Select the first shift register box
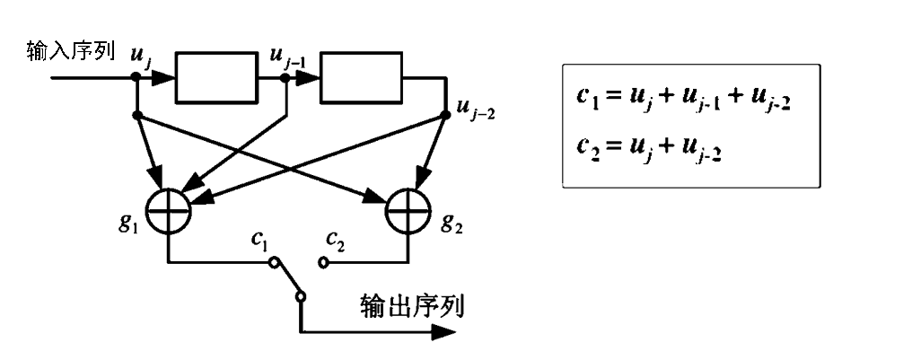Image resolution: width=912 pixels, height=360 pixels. [215, 78]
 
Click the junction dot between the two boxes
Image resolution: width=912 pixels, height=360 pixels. [285, 78]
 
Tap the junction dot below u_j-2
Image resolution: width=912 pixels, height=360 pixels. [446, 115]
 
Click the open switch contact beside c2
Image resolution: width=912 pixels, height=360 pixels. [324, 264]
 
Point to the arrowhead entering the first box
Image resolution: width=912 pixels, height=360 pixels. [164, 78]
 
